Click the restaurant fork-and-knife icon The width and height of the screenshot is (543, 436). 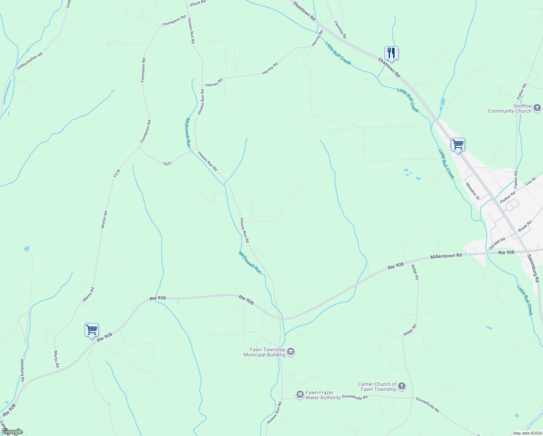[x=391, y=53]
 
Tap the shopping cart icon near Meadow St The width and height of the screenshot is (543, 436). [x=458, y=145]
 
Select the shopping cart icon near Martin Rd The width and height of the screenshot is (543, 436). [x=91, y=330]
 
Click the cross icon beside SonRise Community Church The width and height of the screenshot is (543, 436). [x=537, y=108]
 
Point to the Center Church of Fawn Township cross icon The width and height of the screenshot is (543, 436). [x=401, y=386]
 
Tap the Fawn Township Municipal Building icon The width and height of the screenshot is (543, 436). [x=291, y=352]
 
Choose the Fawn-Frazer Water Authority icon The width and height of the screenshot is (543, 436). [x=300, y=395]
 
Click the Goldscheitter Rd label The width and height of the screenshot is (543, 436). [x=29, y=61]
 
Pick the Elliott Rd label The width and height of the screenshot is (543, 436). [x=198, y=2]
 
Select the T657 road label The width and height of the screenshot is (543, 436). [x=167, y=164]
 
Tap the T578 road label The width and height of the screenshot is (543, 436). [x=116, y=173]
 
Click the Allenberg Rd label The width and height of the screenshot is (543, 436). [x=22, y=370]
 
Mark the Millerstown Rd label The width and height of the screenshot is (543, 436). [x=446, y=256]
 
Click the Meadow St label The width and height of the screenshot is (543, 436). [x=473, y=191]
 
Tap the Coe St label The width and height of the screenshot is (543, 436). [x=531, y=181]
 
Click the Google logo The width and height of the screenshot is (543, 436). [x=12, y=432]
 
